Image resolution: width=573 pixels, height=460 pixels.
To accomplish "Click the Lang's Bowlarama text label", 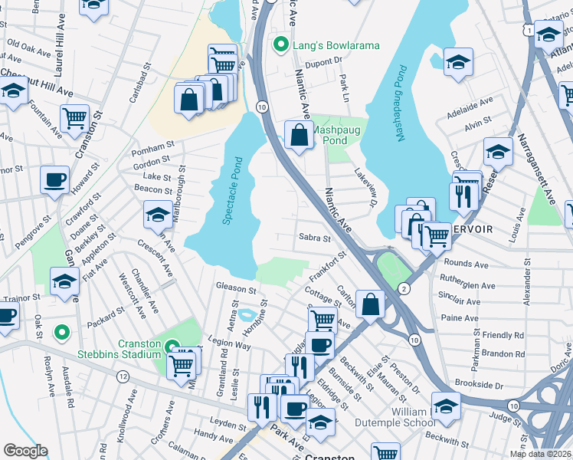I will coord(337,46).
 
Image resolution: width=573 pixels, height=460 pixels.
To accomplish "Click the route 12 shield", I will coord(123,376).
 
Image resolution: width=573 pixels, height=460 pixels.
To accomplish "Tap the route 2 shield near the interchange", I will coord(403,288).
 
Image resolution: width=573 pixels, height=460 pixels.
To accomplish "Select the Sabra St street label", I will coord(314,238).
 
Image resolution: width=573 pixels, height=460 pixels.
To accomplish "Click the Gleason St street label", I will coord(236,289).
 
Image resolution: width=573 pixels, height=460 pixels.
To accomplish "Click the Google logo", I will coord(26,451).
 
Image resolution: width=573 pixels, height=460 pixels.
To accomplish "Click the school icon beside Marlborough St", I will coord(158,214).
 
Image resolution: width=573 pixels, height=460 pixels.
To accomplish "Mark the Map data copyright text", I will coord(541,453).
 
